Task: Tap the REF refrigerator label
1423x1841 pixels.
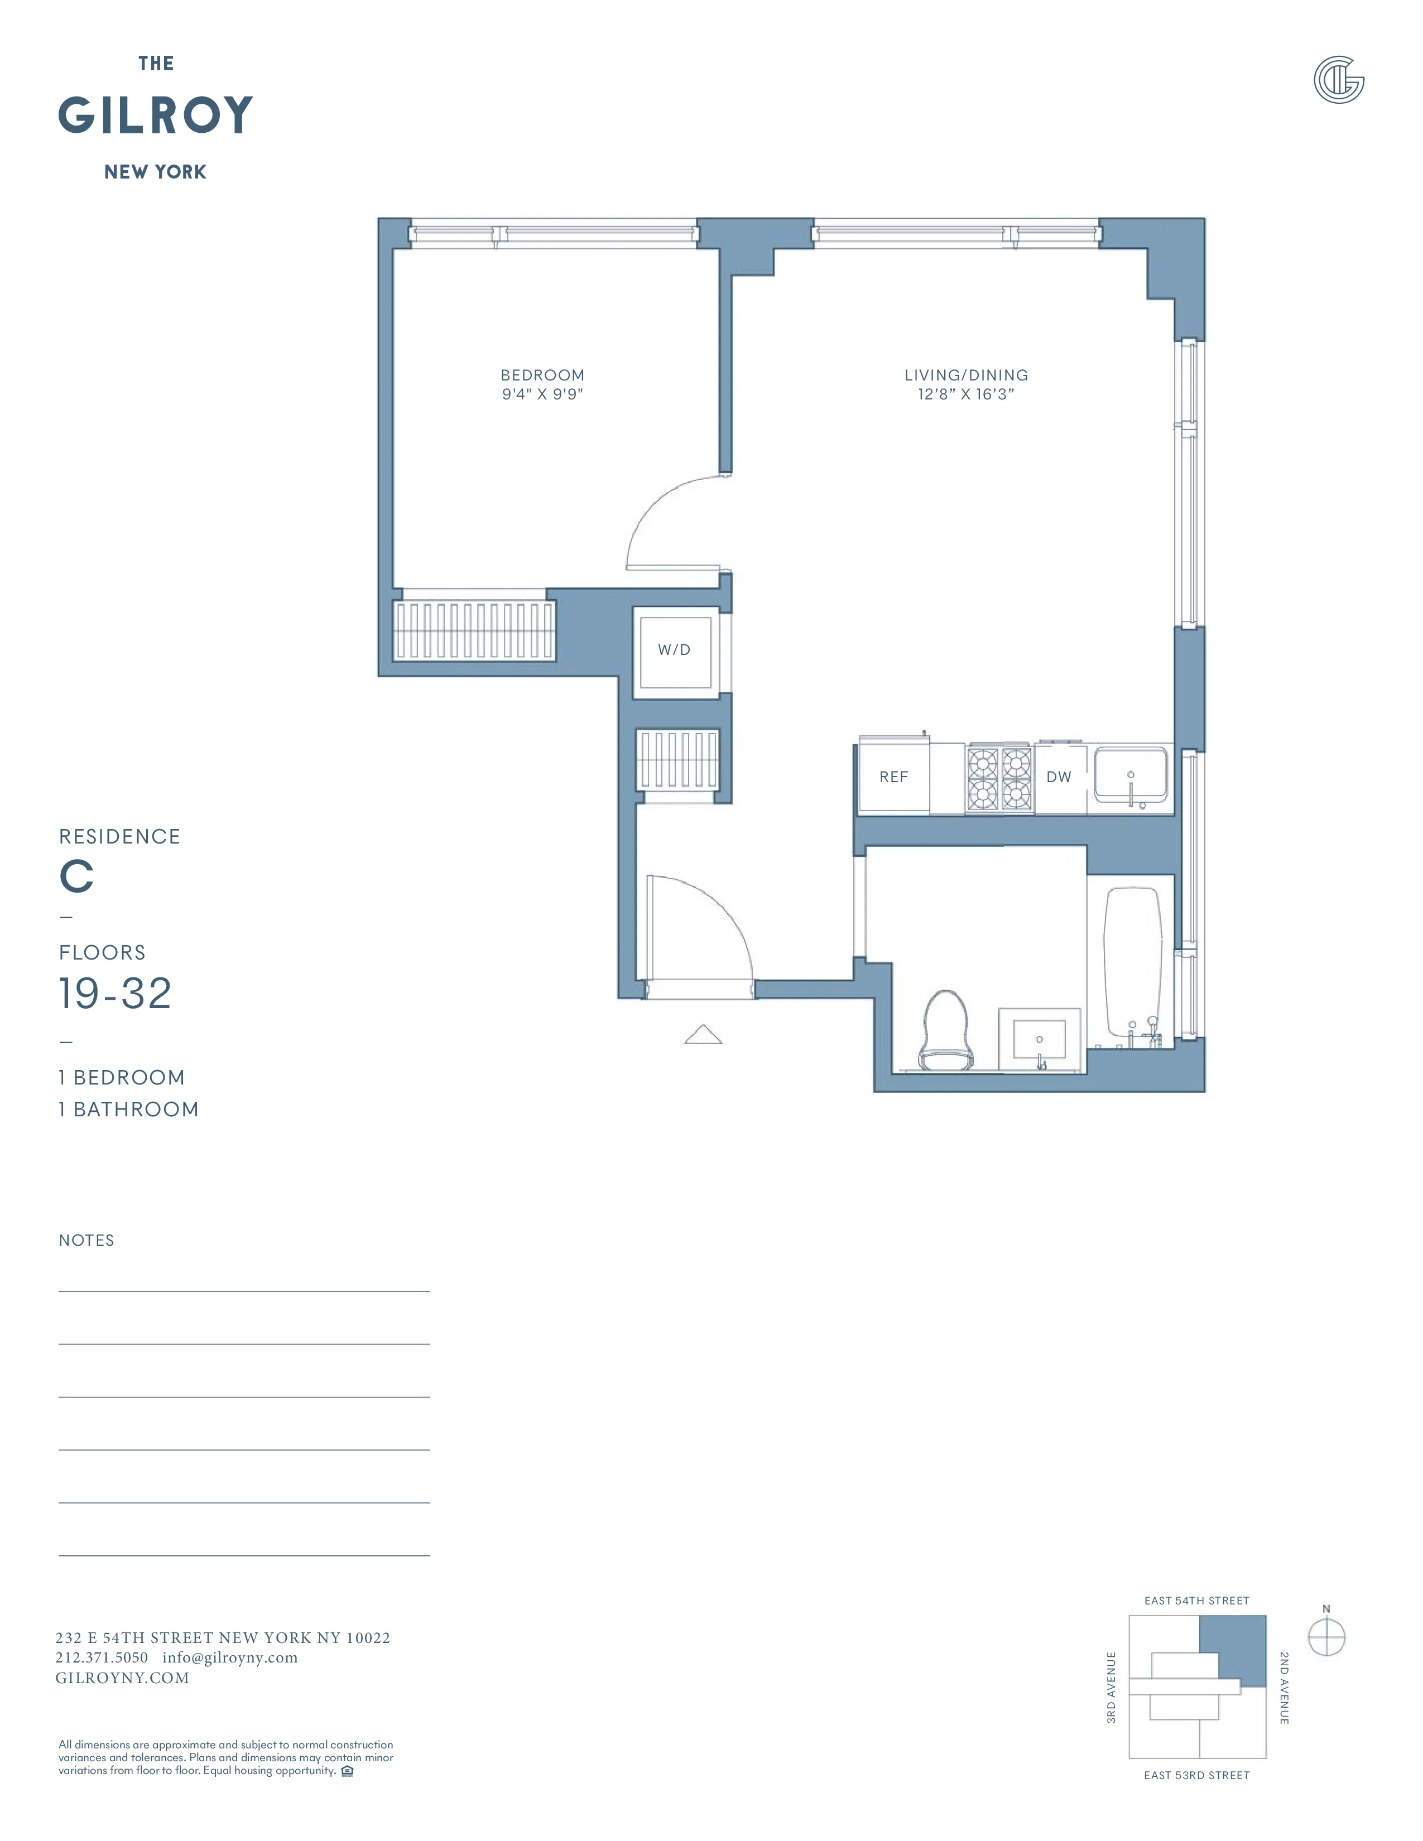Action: (893, 777)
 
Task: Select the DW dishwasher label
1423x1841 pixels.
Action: (1059, 777)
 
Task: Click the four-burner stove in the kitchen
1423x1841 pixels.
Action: (999, 779)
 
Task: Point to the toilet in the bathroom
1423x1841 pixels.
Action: (945, 1031)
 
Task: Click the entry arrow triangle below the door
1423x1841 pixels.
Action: (703, 1035)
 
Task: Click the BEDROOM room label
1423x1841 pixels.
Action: (542, 375)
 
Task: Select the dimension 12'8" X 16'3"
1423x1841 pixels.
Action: (966, 394)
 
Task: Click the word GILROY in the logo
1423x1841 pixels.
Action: (156, 115)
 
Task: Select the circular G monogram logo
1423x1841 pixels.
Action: (1339, 80)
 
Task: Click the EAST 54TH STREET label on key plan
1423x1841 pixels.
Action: (1196, 1601)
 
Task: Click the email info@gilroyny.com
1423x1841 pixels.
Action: (230, 1657)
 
